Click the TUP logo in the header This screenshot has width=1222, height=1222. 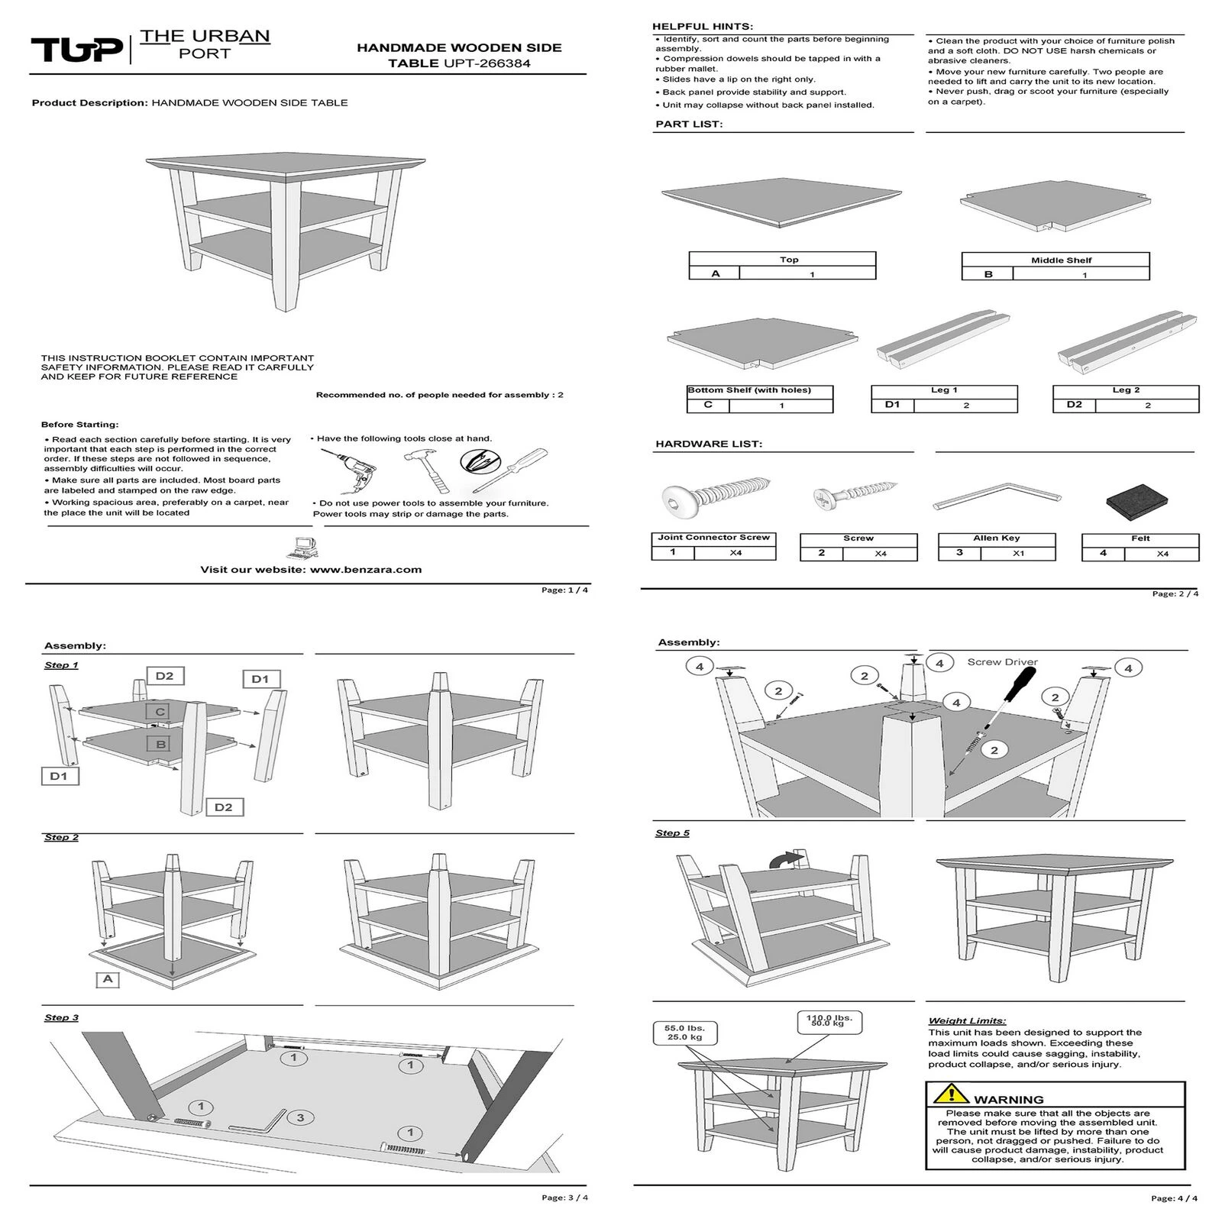click(76, 50)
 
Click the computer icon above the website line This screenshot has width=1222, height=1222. click(303, 548)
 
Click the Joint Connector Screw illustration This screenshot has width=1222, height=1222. click(716, 496)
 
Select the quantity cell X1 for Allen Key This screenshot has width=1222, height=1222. click(1018, 553)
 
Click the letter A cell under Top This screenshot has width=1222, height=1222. click(715, 273)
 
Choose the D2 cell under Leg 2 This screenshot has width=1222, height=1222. click(1074, 405)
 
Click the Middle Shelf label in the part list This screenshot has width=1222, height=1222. click(1061, 260)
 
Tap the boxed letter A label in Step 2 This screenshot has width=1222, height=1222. click(108, 979)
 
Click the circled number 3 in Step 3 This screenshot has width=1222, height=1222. click(300, 1118)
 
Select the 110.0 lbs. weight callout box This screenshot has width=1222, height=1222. click(829, 1020)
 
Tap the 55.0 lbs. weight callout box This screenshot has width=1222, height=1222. click(684, 1033)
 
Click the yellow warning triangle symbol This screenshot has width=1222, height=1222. click(949, 1094)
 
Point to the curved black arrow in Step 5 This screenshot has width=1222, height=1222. click(786, 859)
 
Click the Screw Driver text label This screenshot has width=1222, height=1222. click(1002, 662)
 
